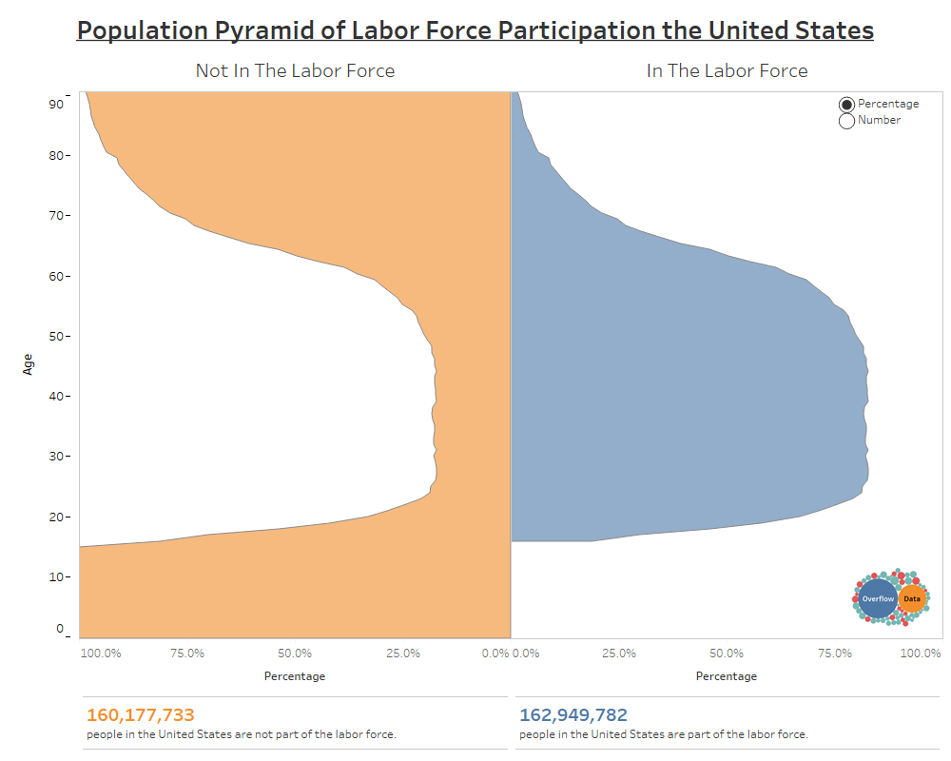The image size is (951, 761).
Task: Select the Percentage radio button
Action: [x=846, y=105]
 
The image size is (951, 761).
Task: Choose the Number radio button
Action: [x=846, y=121]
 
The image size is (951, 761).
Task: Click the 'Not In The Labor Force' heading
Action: [x=295, y=70]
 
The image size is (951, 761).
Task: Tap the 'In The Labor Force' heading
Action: [x=727, y=70]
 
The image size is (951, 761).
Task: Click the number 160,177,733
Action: [x=141, y=715]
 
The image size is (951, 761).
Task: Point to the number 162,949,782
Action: [x=573, y=715]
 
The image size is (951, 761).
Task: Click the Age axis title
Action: [x=28, y=364]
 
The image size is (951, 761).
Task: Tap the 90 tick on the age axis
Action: [x=56, y=104]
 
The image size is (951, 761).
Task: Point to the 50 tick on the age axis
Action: [x=56, y=336]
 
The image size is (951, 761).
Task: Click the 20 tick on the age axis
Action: [x=56, y=517]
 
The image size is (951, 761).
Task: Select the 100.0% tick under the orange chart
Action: [x=101, y=654]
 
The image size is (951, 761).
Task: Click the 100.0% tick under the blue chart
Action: [x=921, y=654]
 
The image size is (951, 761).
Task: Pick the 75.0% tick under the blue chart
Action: [x=835, y=654]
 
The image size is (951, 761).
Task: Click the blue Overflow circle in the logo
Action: [x=878, y=599]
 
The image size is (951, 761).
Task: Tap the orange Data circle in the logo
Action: [x=912, y=599]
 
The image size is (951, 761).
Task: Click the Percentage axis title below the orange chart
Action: [x=295, y=676]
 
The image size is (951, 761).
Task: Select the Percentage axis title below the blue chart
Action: [x=727, y=676]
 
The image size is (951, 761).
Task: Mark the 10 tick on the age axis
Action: [x=56, y=576]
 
